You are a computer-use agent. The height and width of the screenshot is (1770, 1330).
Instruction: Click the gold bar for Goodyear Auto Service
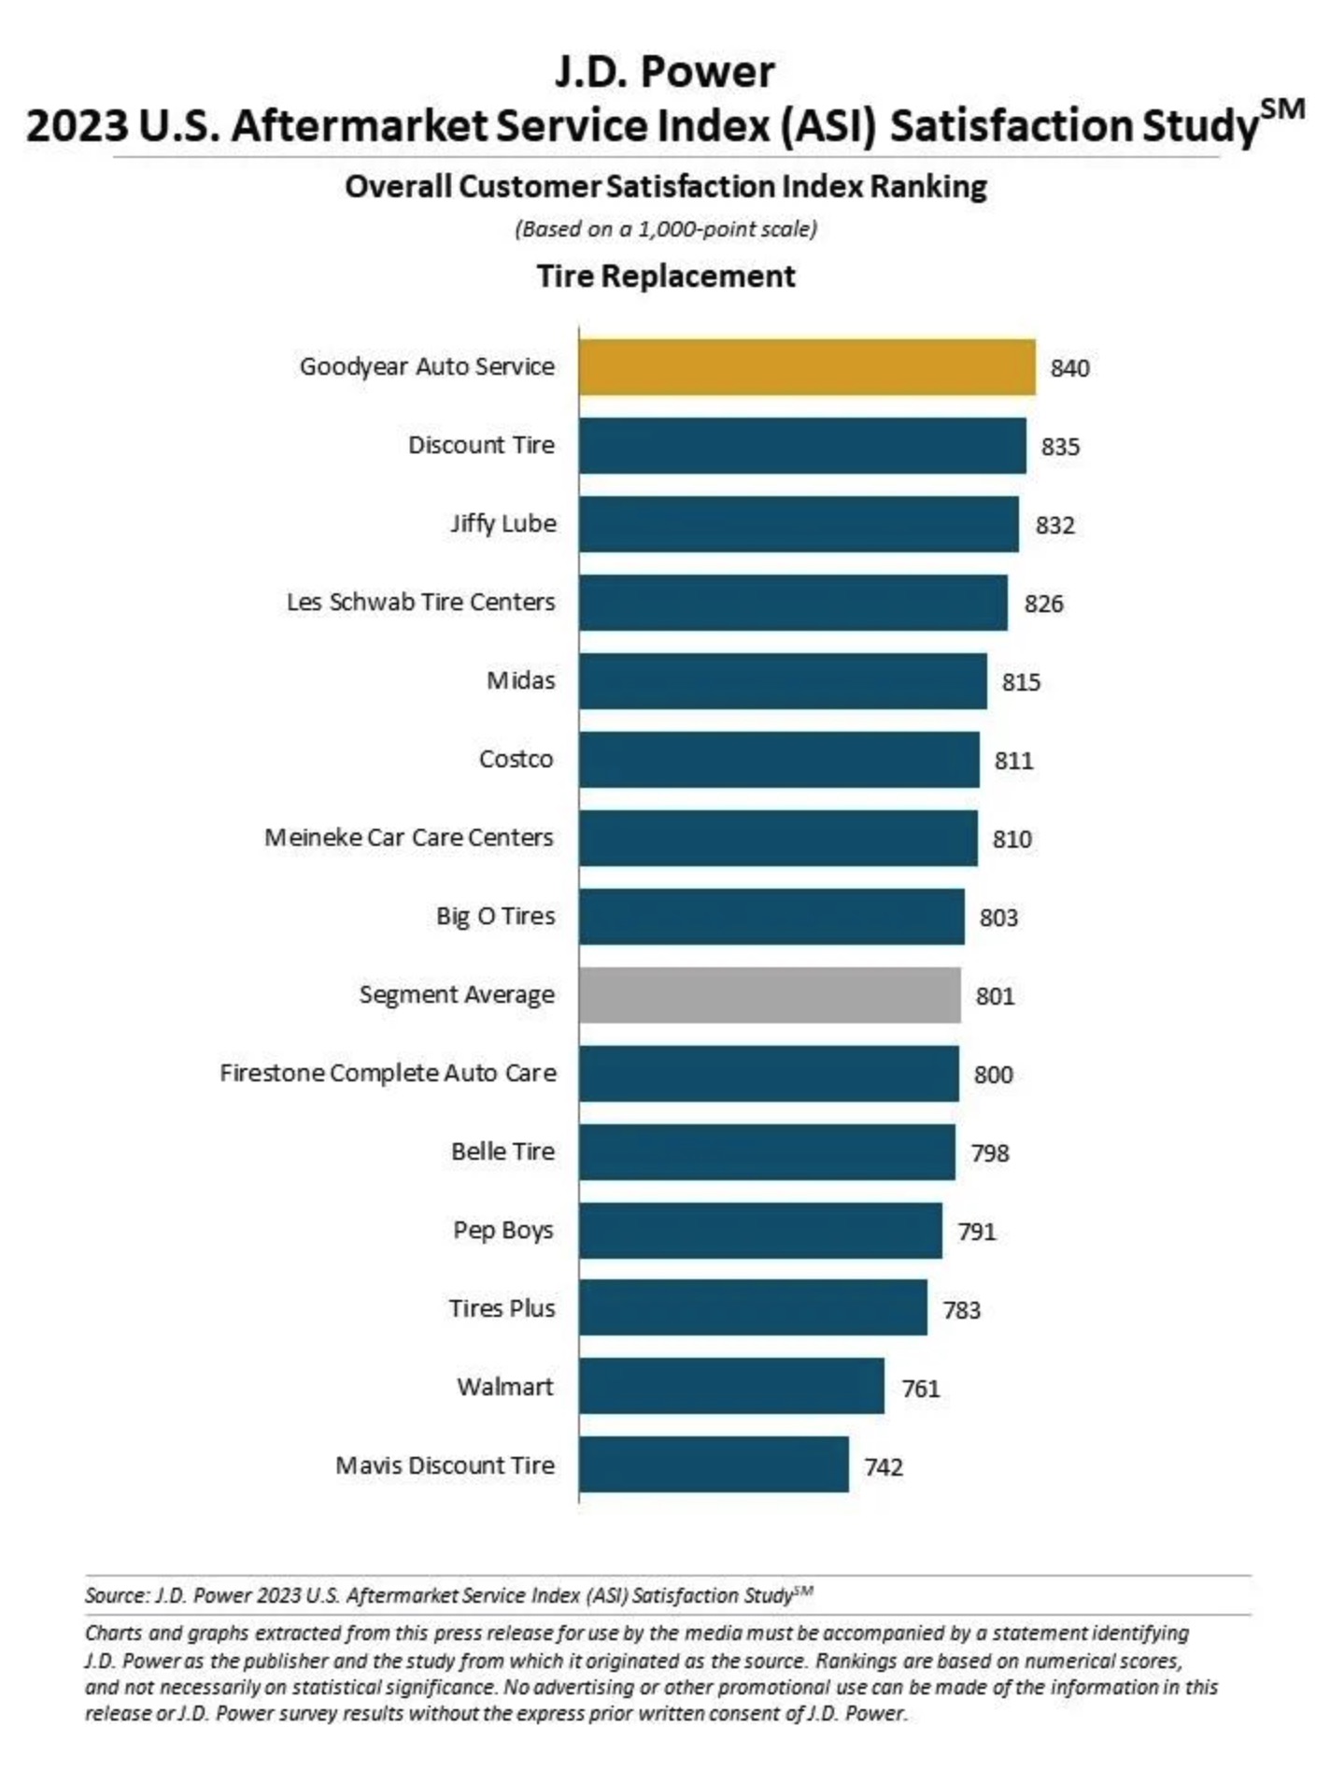click(806, 367)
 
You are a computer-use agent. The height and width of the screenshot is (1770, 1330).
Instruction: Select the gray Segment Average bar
click(769, 995)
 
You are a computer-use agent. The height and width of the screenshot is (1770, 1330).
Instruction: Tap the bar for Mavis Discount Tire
click(713, 1465)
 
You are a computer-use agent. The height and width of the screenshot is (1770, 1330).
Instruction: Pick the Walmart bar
click(730, 1387)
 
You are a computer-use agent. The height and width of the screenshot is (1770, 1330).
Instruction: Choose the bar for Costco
click(778, 760)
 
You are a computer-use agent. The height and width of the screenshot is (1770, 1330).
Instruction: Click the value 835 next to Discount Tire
click(1060, 447)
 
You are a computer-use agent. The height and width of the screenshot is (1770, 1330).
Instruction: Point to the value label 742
click(883, 1467)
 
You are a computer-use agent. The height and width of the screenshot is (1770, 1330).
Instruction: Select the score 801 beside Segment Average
click(995, 996)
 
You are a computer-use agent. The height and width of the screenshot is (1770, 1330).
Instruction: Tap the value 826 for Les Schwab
click(1043, 604)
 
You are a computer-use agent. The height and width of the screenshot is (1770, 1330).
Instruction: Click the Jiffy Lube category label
click(502, 523)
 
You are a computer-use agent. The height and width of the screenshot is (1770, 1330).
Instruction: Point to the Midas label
click(520, 680)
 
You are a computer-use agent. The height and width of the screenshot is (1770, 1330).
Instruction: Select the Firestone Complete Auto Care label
click(388, 1073)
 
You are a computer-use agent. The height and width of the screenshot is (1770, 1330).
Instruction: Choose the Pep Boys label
click(502, 1230)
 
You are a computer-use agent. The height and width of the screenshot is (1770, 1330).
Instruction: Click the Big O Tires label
click(495, 916)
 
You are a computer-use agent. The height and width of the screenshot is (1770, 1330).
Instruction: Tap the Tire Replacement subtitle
click(665, 277)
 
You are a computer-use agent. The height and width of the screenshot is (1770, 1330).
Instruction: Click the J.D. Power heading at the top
click(664, 73)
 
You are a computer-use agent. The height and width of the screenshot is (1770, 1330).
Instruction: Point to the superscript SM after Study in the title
click(1281, 110)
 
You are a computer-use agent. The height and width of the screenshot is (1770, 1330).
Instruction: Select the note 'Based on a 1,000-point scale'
click(665, 229)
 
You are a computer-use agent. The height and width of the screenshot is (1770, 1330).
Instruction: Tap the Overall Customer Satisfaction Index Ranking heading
click(665, 187)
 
